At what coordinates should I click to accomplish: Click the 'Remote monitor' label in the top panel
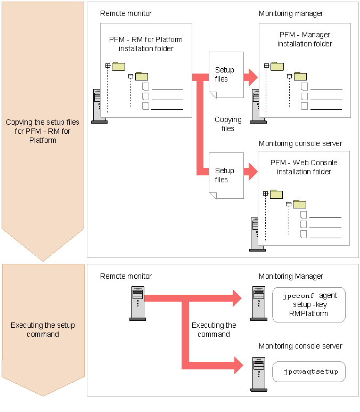click(x=126, y=13)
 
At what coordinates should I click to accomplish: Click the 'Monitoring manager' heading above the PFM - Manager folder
click(x=291, y=13)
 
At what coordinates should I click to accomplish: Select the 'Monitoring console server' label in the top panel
click(x=300, y=143)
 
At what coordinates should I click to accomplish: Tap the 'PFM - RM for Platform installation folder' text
click(x=146, y=44)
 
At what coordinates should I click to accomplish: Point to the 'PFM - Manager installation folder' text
click(x=305, y=39)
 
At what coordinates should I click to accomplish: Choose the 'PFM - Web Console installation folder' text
click(x=304, y=167)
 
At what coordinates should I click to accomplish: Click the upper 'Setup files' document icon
click(x=226, y=75)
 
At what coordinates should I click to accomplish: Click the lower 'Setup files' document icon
click(x=226, y=175)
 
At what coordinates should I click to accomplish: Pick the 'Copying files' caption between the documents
click(x=228, y=124)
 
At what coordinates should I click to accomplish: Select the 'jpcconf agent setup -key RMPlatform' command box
click(x=309, y=304)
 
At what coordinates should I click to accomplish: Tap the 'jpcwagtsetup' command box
click(x=309, y=371)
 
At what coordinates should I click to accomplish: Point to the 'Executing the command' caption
click(x=214, y=329)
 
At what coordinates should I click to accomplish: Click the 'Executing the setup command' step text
click(x=43, y=329)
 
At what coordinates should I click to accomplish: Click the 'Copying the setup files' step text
click(x=43, y=131)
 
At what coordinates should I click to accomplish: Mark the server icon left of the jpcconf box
click(x=259, y=303)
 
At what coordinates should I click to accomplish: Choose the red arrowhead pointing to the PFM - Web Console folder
click(x=250, y=172)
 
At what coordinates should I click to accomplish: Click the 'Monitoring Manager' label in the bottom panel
click(x=291, y=276)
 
